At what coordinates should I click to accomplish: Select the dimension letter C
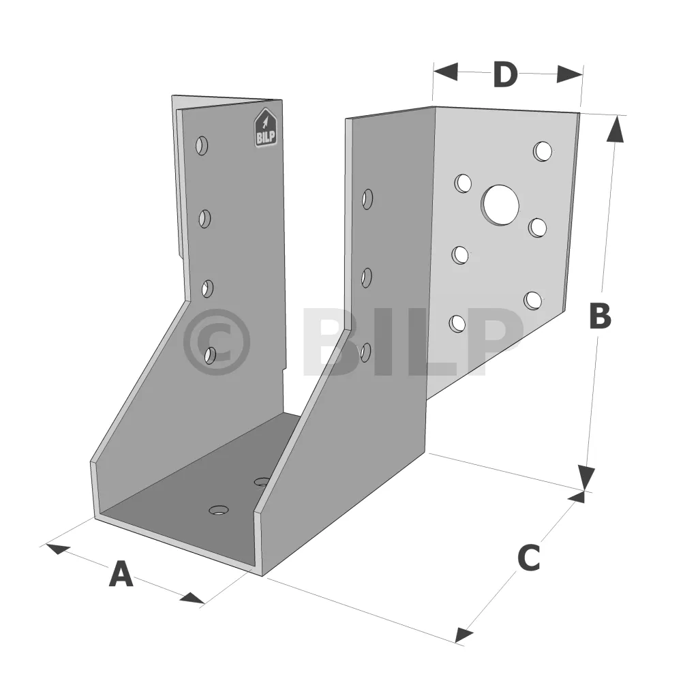click(x=529, y=558)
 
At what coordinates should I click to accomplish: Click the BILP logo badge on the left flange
click(x=266, y=127)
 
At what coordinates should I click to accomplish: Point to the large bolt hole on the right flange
click(x=500, y=204)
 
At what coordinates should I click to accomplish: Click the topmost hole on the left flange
click(x=202, y=146)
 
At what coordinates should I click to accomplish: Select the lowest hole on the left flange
click(x=210, y=355)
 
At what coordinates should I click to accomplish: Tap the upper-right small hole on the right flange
click(x=543, y=151)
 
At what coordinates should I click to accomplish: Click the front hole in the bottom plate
click(x=219, y=510)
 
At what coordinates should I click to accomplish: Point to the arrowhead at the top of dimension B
click(x=616, y=129)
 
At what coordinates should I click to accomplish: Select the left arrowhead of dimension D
click(x=445, y=72)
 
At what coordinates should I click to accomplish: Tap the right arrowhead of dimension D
click(x=570, y=74)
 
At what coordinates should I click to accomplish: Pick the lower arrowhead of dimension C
click(x=464, y=635)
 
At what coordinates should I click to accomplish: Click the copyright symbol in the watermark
click(x=216, y=342)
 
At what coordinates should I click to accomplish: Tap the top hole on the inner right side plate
click(x=367, y=199)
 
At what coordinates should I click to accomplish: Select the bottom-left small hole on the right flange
click(x=457, y=324)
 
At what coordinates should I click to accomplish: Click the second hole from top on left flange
click(x=204, y=219)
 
